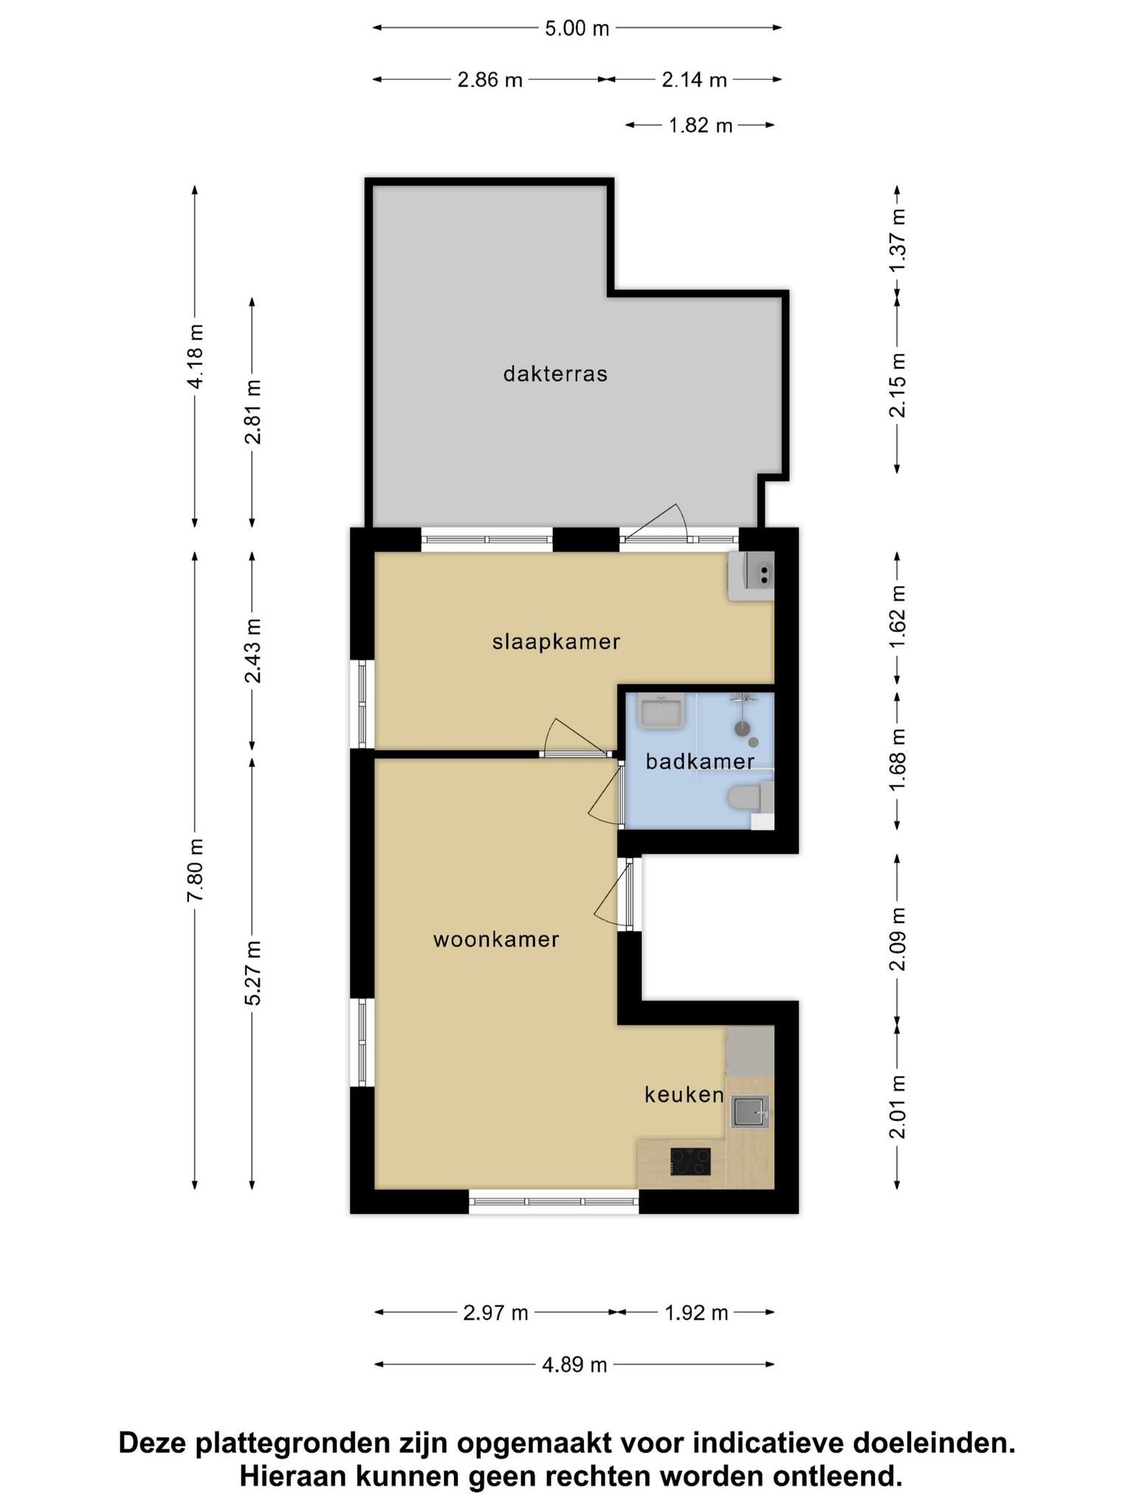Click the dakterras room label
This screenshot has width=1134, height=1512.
pos(555,374)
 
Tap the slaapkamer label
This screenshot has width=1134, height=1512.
pos(556,642)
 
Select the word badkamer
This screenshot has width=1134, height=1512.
pos(700,761)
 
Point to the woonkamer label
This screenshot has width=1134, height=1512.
pos(496,940)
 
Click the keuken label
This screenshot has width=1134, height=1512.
pos(684,1095)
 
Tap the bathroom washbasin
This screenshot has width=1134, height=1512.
pos(662,712)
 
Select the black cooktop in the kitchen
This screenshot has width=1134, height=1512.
pos(690,1161)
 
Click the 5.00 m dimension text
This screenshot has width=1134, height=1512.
pos(577,28)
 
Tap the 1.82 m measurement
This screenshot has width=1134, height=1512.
pos(701,126)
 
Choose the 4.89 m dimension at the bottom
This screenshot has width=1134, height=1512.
pos(574,1365)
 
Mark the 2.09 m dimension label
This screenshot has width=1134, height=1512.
pos(897,939)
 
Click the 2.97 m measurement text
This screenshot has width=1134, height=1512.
pos(495,1313)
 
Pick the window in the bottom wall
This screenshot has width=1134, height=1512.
pos(554,1201)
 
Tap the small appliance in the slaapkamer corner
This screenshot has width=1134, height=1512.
pos(752,576)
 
